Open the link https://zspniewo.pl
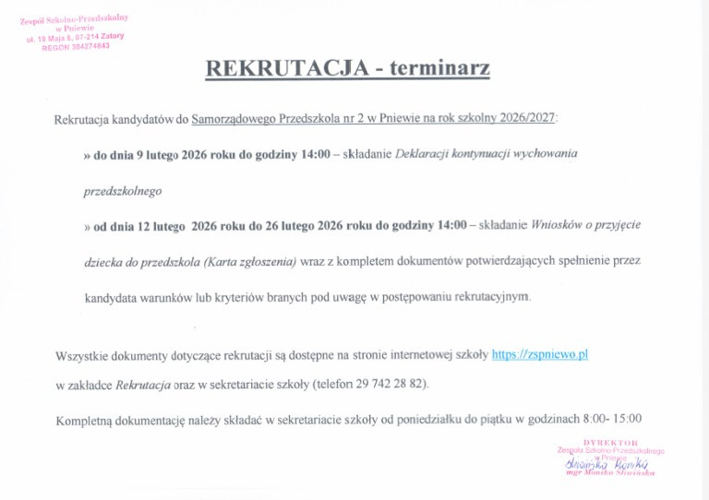540,354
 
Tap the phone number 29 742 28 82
397,384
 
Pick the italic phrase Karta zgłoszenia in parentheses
249,261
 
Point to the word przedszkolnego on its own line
123,190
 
